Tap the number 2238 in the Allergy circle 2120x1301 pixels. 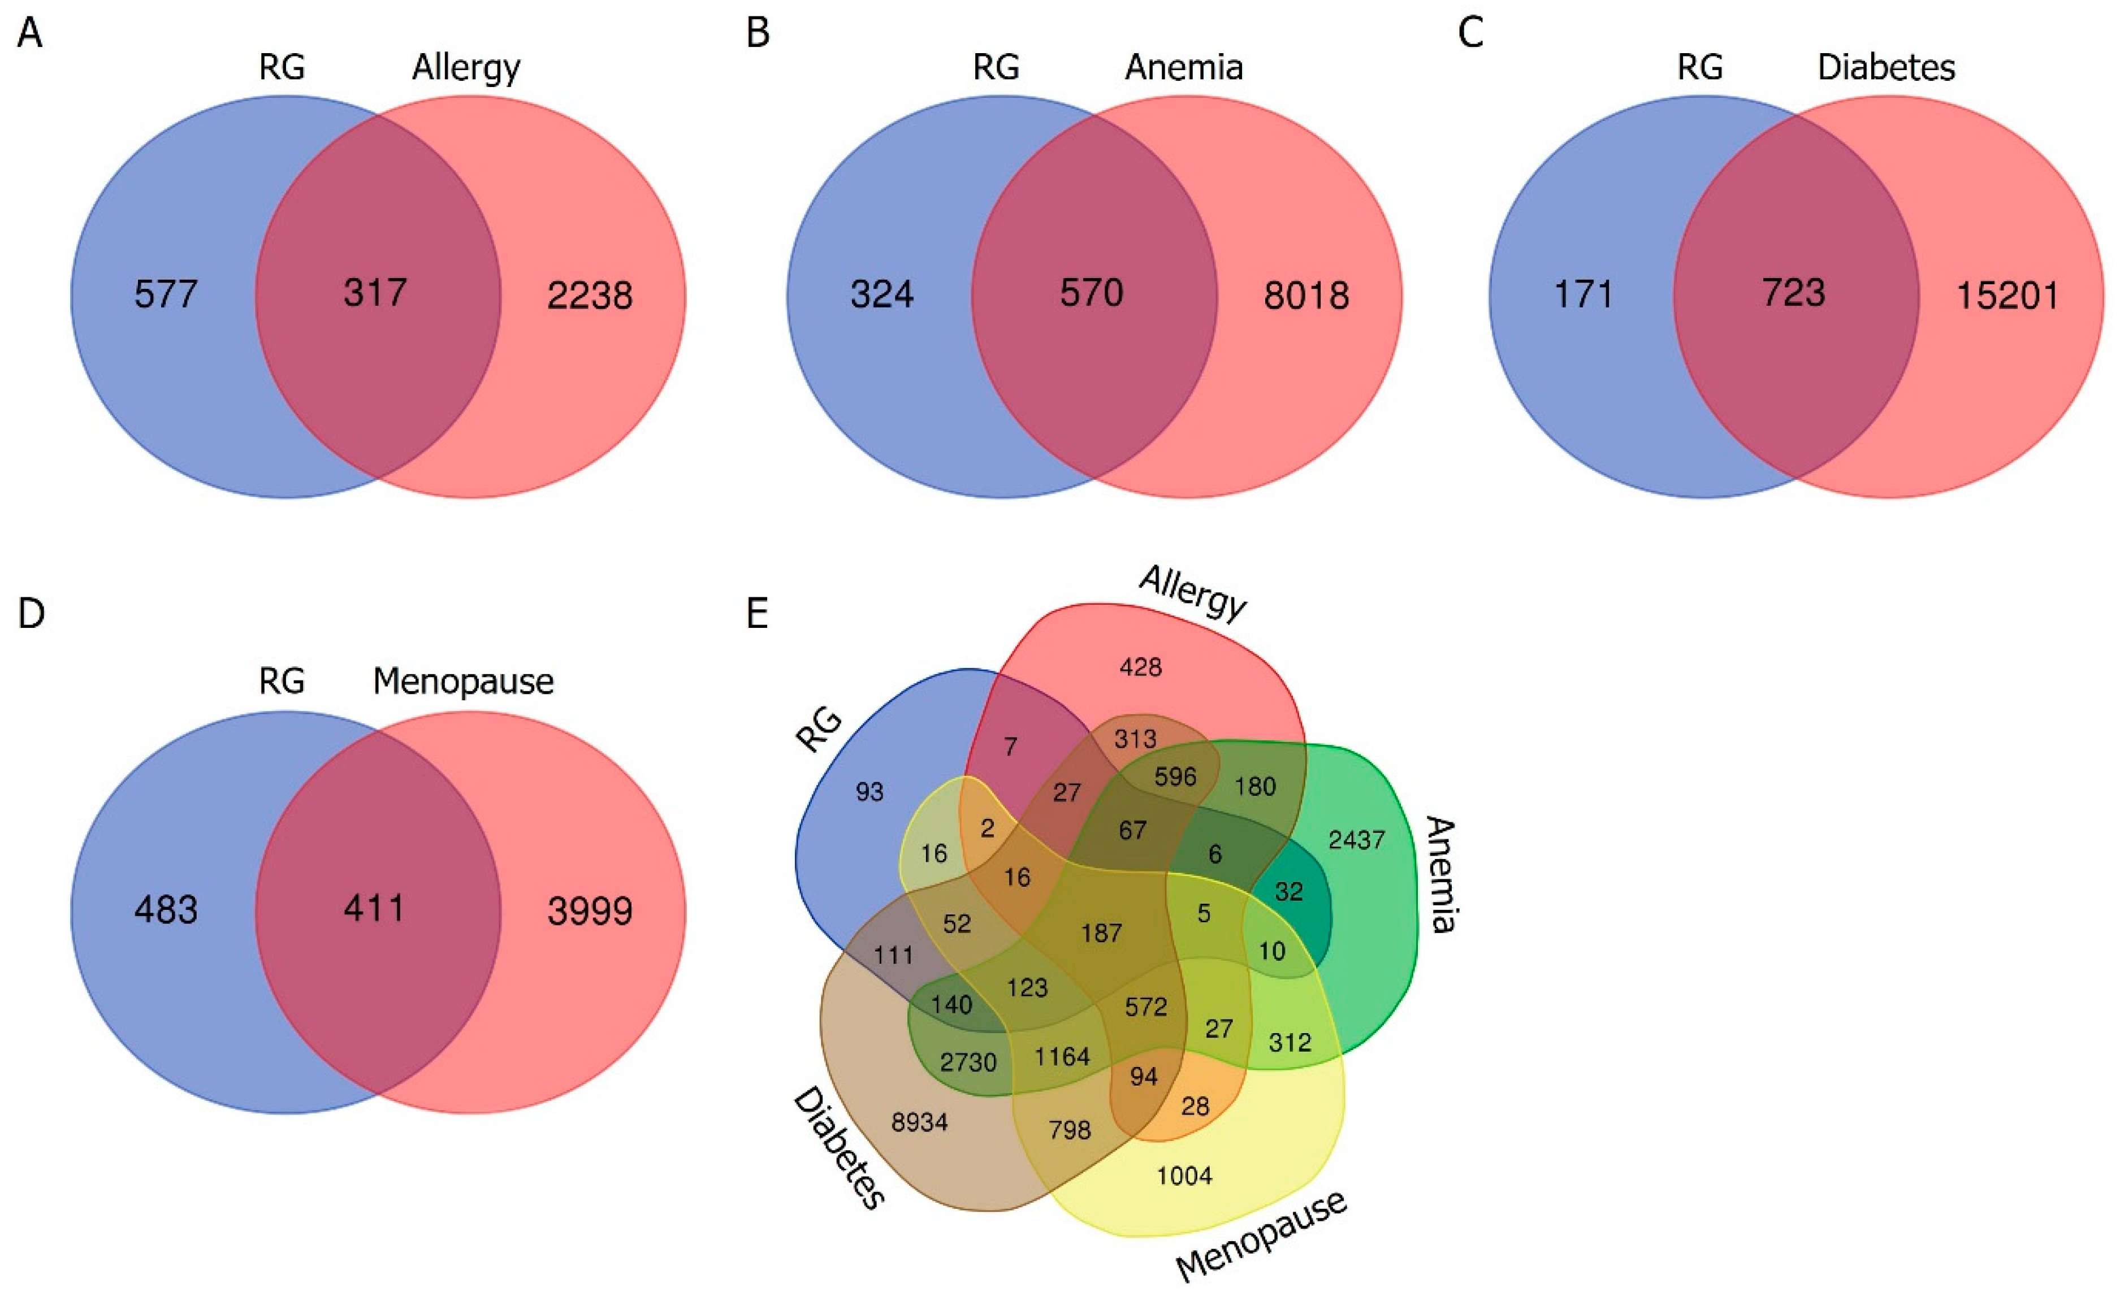(x=590, y=295)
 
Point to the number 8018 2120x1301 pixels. (x=1306, y=295)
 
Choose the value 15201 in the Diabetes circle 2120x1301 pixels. (x=2007, y=295)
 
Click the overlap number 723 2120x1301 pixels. (x=1794, y=293)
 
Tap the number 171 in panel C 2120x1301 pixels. (x=1583, y=295)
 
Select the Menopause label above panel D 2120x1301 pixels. (x=463, y=682)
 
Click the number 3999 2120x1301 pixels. (x=590, y=910)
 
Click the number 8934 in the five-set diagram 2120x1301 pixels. (x=919, y=1122)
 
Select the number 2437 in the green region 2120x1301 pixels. (x=1357, y=839)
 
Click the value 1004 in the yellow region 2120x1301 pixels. (x=1184, y=1176)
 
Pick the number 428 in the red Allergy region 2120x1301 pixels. (x=1140, y=667)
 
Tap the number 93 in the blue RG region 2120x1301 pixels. (x=869, y=792)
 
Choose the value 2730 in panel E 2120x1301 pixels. (x=967, y=1062)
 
